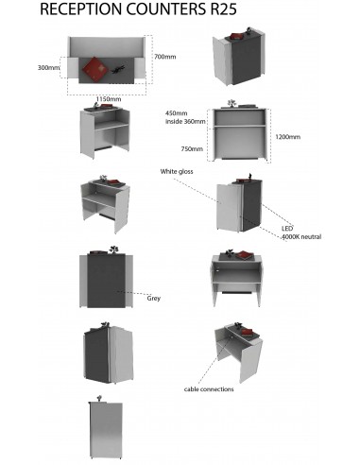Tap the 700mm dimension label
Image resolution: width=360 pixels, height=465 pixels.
(x=164, y=57)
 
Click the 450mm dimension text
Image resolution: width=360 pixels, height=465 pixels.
(x=178, y=112)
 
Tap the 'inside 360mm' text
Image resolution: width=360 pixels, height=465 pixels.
(x=185, y=120)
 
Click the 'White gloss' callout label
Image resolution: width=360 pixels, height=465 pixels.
(x=177, y=171)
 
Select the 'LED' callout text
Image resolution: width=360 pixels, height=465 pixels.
(x=286, y=229)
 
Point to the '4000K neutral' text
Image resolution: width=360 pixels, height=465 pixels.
(x=300, y=236)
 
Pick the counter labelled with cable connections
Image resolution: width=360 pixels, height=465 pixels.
(x=236, y=350)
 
